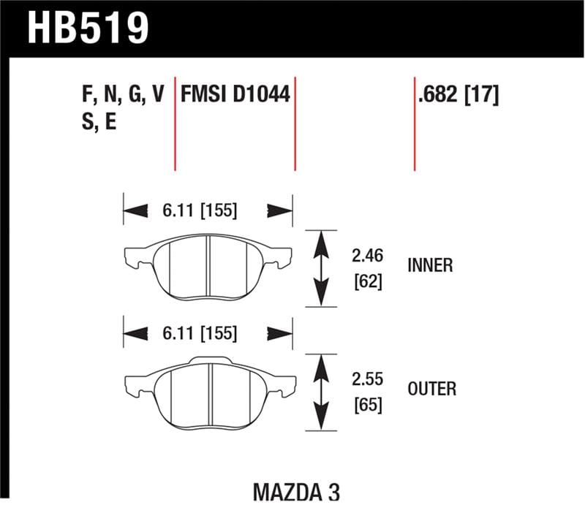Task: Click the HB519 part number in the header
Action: pos(88,27)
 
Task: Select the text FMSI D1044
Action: pos(235,94)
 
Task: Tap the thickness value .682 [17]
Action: pos(458,94)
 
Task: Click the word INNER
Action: pos(430,265)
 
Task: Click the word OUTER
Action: pos(431,388)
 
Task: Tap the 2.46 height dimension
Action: pos(367,256)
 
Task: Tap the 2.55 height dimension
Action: pos(367,380)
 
